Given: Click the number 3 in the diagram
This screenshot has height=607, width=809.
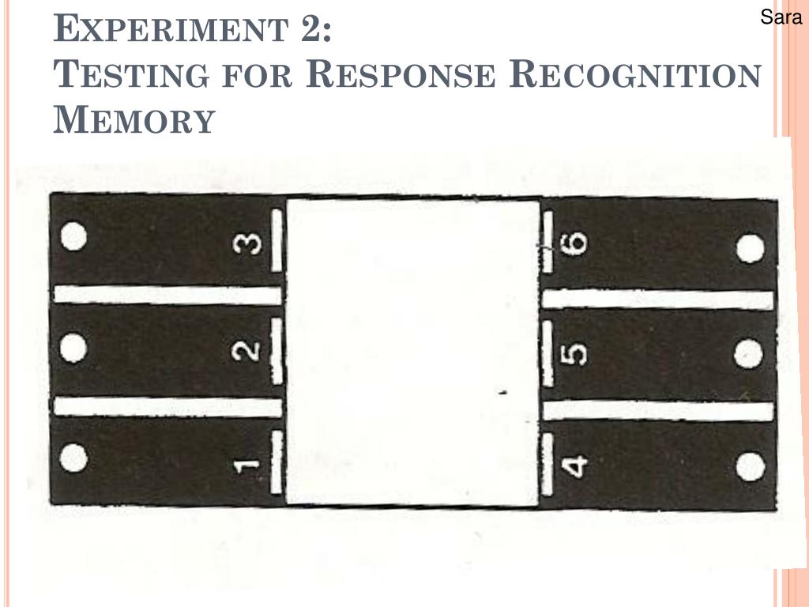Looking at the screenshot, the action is pyautogui.click(x=250, y=245).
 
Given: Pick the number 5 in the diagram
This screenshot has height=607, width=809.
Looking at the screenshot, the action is pyautogui.click(x=576, y=353).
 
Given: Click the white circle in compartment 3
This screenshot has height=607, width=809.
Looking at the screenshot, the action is pyautogui.click(x=73, y=236).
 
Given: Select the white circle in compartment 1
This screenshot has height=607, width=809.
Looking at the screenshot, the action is pyautogui.click(x=73, y=458).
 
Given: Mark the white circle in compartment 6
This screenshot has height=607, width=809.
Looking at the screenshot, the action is pyautogui.click(x=751, y=249).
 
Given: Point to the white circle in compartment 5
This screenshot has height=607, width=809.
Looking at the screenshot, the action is pyautogui.click(x=748, y=354).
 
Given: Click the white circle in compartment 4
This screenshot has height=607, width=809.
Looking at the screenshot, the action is pyautogui.click(x=751, y=467).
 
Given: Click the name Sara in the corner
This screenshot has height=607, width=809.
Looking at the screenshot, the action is pyautogui.click(x=781, y=17).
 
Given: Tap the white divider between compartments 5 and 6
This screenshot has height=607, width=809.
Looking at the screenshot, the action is pyautogui.click(x=658, y=300).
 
